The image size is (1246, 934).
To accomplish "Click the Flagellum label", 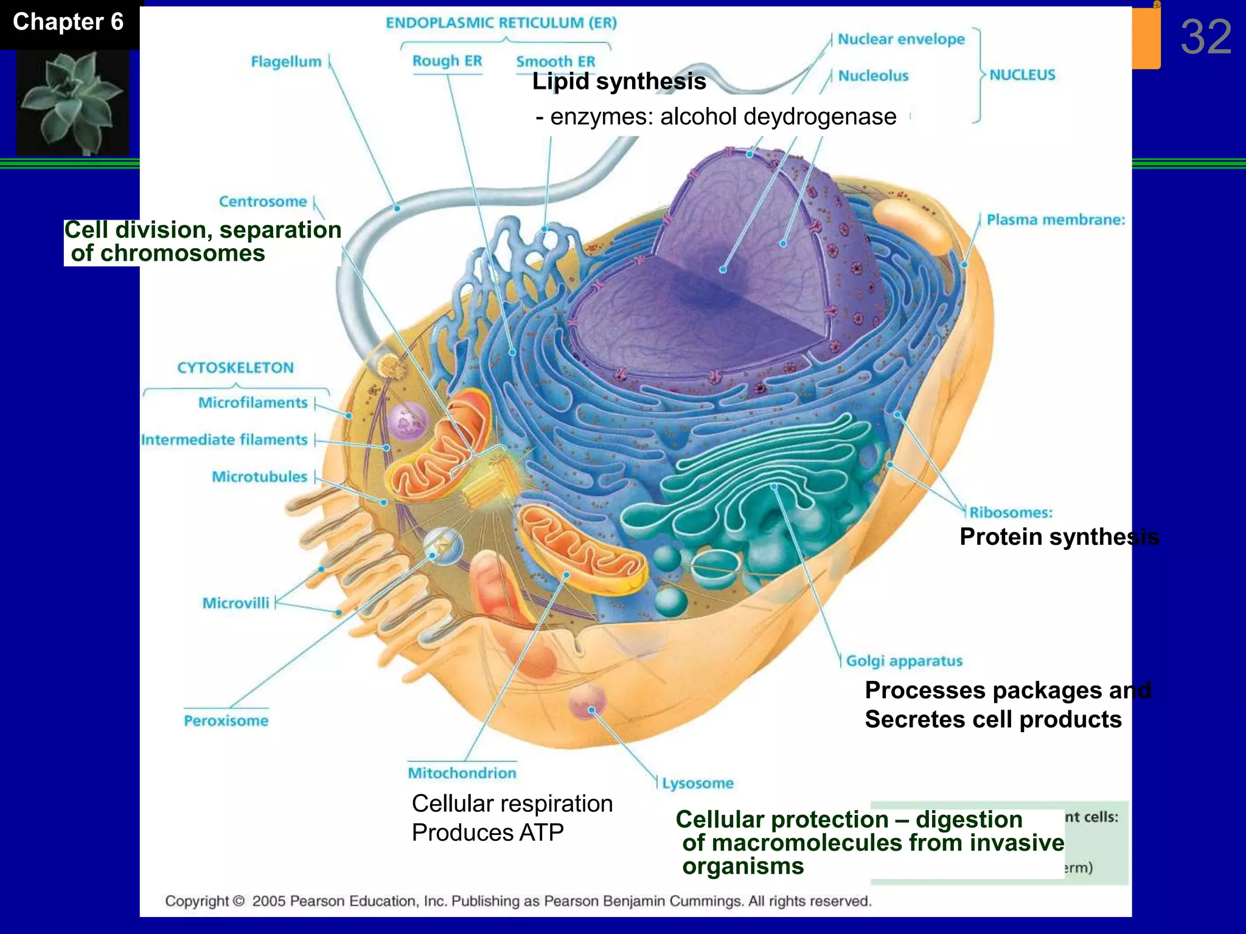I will (x=286, y=62).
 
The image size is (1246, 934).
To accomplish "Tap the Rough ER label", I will (x=447, y=61).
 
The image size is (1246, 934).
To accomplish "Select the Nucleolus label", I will (x=872, y=76).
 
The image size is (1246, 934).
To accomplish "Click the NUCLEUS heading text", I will (x=1022, y=75).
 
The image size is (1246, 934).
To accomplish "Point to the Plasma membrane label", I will (x=1055, y=220).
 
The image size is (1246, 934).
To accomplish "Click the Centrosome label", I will (x=263, y=202).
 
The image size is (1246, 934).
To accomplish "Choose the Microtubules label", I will (x=259, y=477).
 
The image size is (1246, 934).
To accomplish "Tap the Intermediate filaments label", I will (x=224, y=440).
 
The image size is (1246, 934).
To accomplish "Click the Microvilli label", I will (x=235, y=603).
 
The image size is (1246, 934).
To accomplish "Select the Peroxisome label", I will (x=226, y=721).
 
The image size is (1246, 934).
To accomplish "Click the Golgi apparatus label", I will (x=904, y=661).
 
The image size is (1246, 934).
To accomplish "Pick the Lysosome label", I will (x=698, y=783).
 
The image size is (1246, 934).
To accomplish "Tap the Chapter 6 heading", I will (x=68, y=22).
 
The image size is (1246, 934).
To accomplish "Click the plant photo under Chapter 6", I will (x=72, y=102).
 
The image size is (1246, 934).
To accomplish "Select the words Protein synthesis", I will (x=1059, y=537).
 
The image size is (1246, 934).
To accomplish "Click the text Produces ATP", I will (x=487, y=832).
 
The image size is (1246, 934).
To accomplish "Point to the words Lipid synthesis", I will (x=619, y=81).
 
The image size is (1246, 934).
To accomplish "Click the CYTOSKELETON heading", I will (x=235, y=368).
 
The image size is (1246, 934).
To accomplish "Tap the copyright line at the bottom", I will (x=518, y=901).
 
